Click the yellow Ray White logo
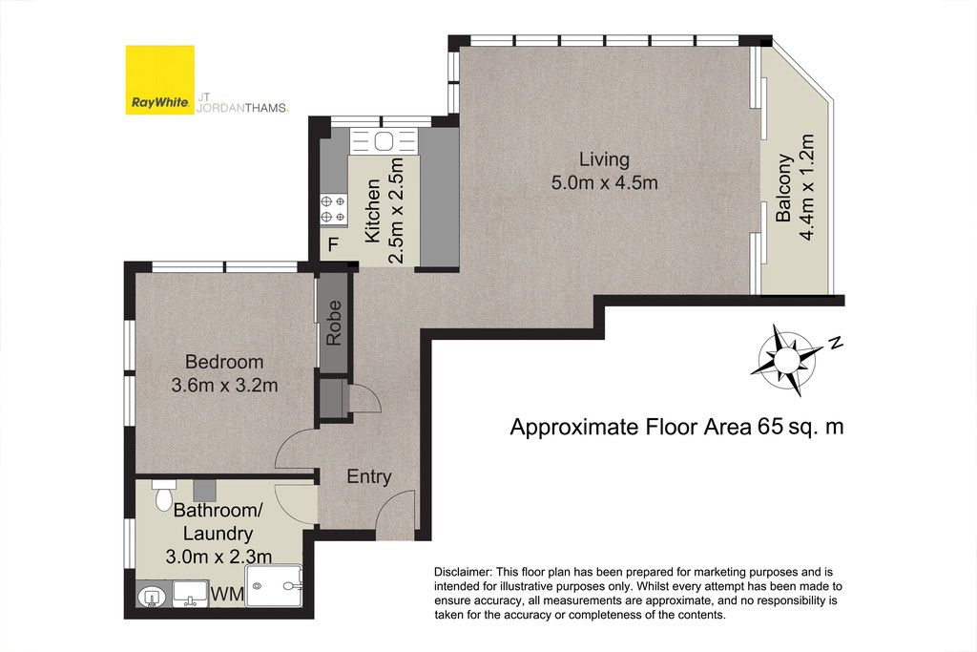[x=159, y=80]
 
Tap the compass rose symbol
[x=786, y=360]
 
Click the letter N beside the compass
[x=836, y=342]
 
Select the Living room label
[x=604, y=159]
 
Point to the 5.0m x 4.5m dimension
[x=604, y=182]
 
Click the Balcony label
[x=783, y=188]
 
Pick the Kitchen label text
[x=373, y=211]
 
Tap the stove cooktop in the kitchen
[x=333, y=209]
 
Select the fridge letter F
[x=333, y=244]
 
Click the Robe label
[x=334, y=323]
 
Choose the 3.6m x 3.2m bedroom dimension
[x=224, y=386]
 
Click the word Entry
[x=369, y=477]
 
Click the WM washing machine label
[x=227, y=595]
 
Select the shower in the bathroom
[x=274, y=586]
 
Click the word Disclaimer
[x=462, y=572]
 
